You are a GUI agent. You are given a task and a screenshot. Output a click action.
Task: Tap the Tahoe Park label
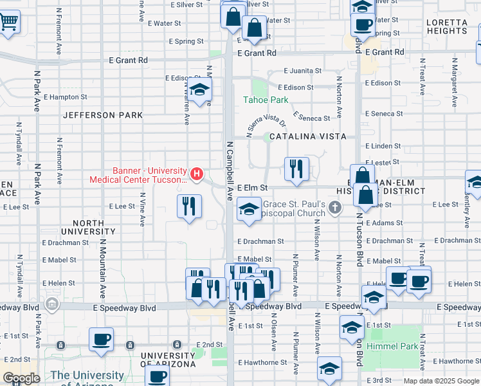[x=266, y=100]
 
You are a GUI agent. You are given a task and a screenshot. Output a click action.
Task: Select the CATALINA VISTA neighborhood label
[x=307, y=136]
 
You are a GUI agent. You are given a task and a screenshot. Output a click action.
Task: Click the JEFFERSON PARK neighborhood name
[x=103, y=115]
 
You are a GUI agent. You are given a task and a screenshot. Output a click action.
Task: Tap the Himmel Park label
[x=392, y=346]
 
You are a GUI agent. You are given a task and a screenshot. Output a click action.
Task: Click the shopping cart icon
[x=8, y=22]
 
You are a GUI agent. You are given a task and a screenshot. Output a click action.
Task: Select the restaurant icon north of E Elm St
[x=296, y=169]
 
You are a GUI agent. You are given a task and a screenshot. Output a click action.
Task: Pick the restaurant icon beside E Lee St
[x=189, y=207]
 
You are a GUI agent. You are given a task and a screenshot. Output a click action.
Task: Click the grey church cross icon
[x=334, y=207]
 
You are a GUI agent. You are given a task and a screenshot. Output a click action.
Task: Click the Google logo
[x=21, y=378]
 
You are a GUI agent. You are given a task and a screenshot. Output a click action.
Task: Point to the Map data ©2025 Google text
[x=440, y=381]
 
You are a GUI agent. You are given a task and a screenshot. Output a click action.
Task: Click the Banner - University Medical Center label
[x=149, y=175]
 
